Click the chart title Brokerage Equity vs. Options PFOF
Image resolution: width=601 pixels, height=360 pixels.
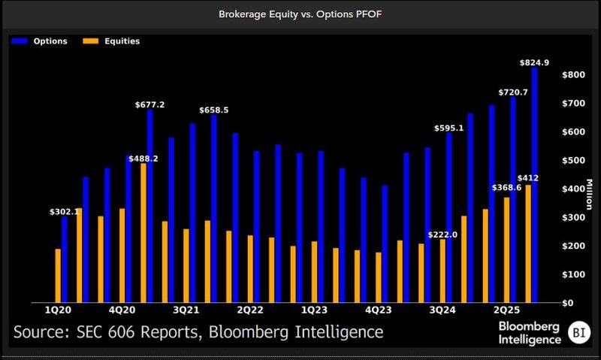click(x=300, y=14)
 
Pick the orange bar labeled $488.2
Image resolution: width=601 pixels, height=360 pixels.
click(x=143, y=233)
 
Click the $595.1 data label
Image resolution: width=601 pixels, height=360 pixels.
click(x=449, y=129)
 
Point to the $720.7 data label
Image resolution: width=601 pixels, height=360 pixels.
click(x=513, y=92)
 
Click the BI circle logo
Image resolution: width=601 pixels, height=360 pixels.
click(x=577, y=331)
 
